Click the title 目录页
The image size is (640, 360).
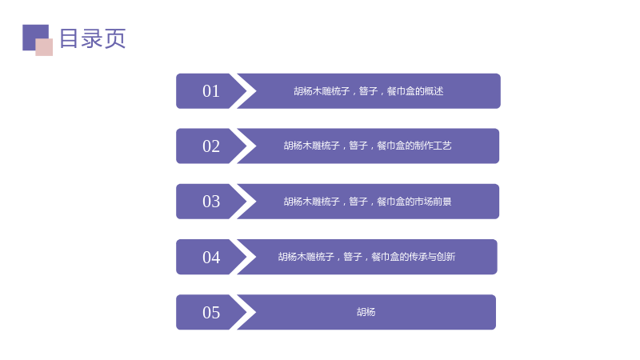coord(93,38)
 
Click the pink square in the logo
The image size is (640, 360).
coord(44,47)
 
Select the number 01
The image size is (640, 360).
coord(211,91)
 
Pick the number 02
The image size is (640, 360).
coord(211,146)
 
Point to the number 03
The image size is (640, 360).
coord(211,202)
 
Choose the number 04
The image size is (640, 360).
coord(211,257)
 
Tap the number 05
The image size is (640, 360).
coord(211,313)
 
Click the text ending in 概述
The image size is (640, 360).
coord(369,91)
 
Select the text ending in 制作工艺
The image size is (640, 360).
coord(368,146)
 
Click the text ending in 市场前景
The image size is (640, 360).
coord(368,202)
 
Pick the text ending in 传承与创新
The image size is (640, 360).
coord(366,257)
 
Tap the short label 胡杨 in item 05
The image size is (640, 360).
coord(366,312)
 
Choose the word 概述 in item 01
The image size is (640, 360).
coord(434,91)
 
